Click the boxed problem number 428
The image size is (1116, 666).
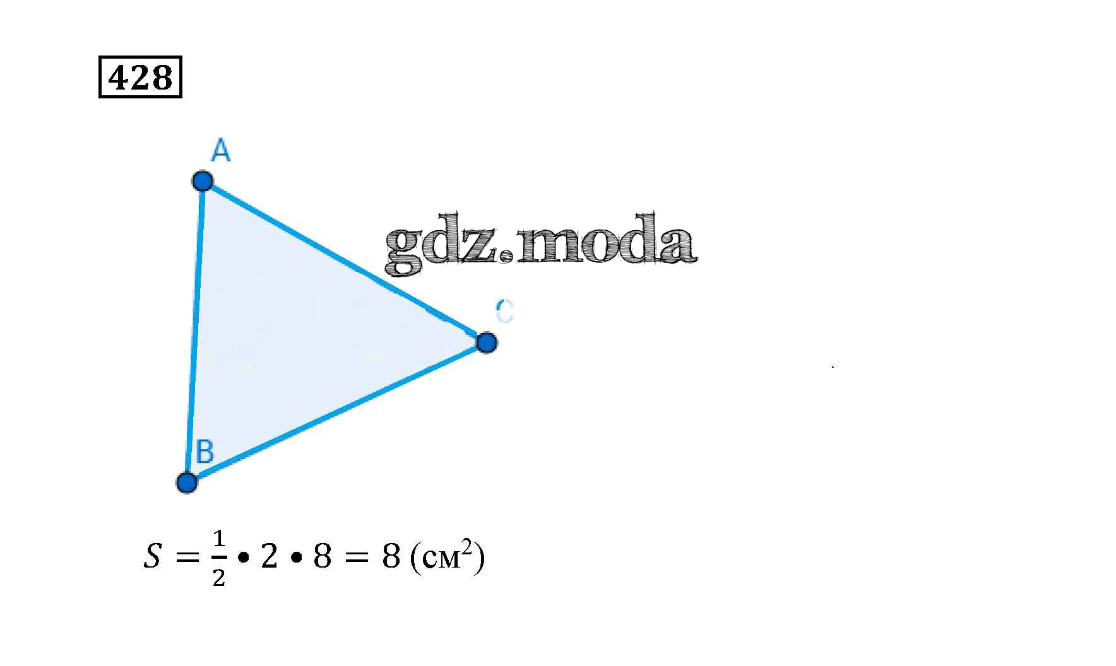tap(140, 77)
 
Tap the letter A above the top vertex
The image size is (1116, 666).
tap(220, 151)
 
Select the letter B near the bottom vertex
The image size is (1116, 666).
tap(205, 452)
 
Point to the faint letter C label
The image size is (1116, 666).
tap(504, 311)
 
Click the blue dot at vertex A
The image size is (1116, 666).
tap(203, 181)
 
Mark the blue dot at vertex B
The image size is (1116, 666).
tap(187, 482)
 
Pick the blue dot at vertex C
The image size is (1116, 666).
tap(486, 343)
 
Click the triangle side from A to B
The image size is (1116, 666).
tap(195, 331)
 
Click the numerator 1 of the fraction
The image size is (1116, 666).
tap(218, 539)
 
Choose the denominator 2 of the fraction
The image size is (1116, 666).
tap(218, 577)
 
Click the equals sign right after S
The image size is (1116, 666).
tap(187, 557)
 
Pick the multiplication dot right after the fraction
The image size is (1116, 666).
tap(243, 558)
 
